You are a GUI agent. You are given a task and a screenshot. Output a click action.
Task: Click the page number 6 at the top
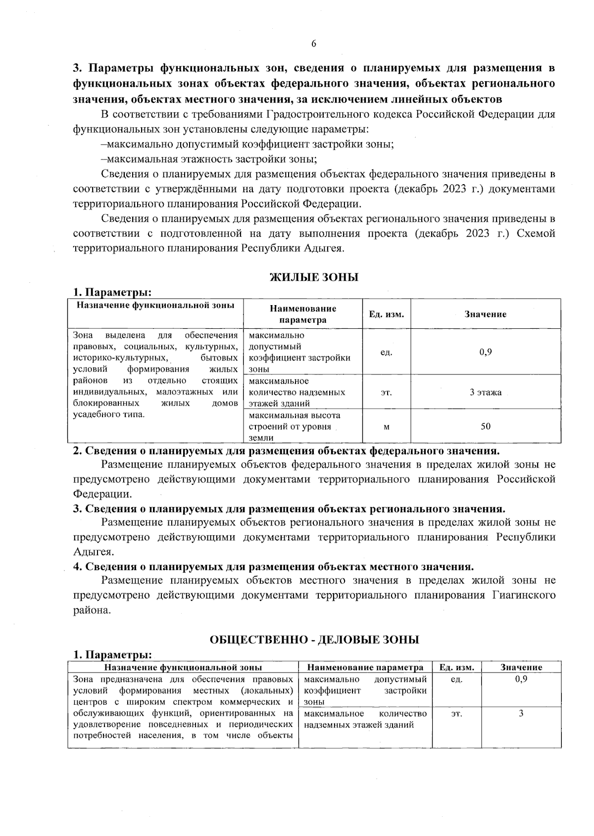(313, 44)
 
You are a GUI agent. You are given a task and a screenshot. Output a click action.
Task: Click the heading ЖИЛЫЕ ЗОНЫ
(313, 277)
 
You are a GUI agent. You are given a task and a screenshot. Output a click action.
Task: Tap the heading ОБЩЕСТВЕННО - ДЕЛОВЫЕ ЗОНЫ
(314, 639)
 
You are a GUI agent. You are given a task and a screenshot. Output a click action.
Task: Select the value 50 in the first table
(486, 426)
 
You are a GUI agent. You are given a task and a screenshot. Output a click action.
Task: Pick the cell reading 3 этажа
(486, 392)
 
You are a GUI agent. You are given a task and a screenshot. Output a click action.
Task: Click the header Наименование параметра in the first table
(302, 314)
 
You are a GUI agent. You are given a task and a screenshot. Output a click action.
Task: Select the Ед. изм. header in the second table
(456, 667)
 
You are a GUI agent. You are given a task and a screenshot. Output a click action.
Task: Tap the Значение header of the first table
(485, 314)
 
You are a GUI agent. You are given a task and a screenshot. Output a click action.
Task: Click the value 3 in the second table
(521, 713)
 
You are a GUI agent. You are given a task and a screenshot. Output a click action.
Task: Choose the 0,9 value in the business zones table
(521, 679)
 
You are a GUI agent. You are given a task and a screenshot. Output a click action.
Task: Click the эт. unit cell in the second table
(456, 713)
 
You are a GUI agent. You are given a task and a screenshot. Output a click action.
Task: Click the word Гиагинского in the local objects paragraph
(524, 595)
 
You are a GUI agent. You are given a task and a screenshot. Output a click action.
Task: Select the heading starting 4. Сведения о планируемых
(273, 567)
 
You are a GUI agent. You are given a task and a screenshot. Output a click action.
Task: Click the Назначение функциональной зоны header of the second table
(183, 667)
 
